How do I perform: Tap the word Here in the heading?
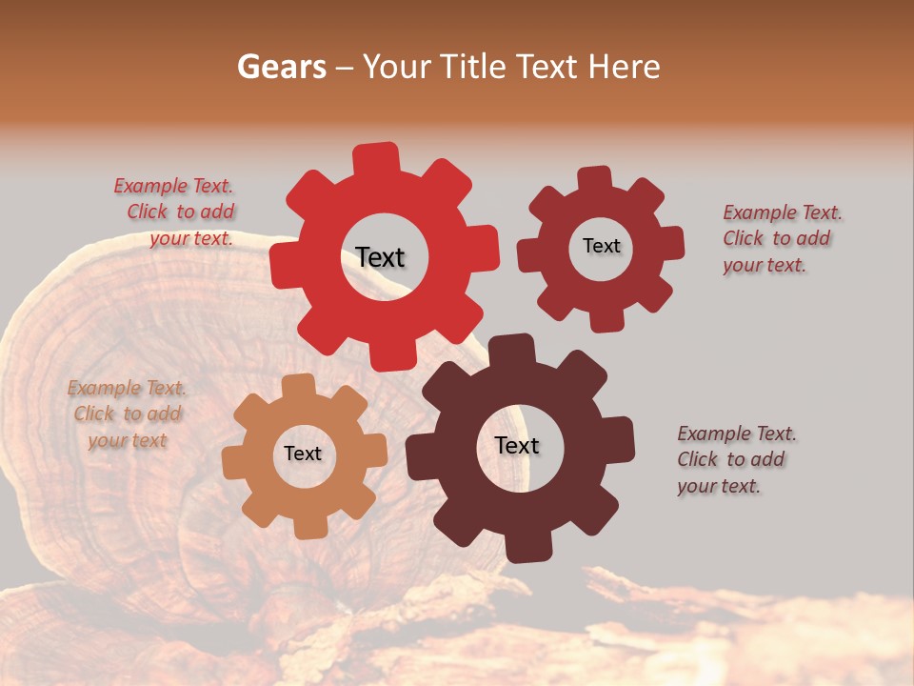click(625, 67)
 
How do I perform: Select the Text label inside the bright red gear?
click(380, 257)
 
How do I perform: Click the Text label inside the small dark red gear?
click(601, 246)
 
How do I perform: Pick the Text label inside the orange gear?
click(303, 454)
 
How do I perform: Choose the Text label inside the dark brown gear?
click(517, 445)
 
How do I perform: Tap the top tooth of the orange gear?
click(299, 387)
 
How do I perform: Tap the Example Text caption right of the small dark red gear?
click(781, 238)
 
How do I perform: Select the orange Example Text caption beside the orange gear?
click(128, 414)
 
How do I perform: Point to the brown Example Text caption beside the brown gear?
click(735, 459)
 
